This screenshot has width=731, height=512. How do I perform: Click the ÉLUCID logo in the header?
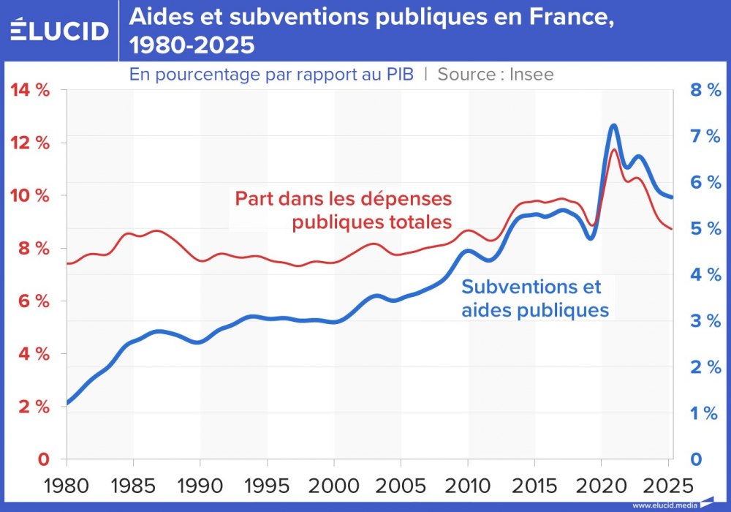[59, 31]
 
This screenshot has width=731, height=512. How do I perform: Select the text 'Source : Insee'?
[496, 74]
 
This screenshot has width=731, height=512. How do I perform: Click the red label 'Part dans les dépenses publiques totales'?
[343, 210]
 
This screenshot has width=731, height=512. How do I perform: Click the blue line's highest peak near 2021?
[613, 126]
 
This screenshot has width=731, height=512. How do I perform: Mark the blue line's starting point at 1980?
[68, 402]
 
